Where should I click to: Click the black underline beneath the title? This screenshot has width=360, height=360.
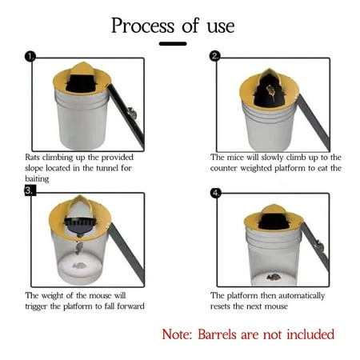point(172,43)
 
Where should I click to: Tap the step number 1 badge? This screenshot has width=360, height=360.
point(30,57)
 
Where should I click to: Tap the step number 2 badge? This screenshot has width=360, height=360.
point(215,56)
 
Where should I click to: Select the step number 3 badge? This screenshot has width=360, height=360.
point(30,190)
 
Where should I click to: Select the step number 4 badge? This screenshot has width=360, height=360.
point(215,193)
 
